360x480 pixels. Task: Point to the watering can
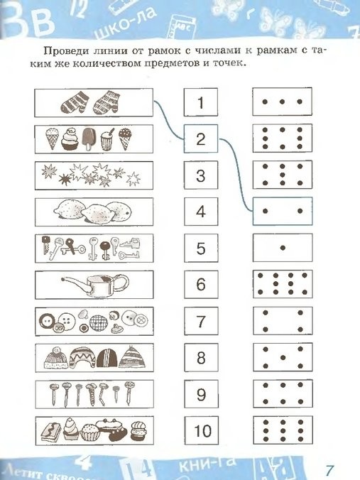coord(95,285)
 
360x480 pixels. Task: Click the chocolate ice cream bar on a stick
coord(89,138)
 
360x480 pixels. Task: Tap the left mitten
coord(75,102)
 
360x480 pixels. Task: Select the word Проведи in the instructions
coord(63,50)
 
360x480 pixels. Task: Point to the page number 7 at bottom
coord(329,469)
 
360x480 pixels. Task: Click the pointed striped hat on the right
coord(131,358)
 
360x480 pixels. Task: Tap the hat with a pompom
coord(55,358)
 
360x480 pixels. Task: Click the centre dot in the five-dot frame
coord(283,357)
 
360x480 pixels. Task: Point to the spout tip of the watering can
coord(62,279)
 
